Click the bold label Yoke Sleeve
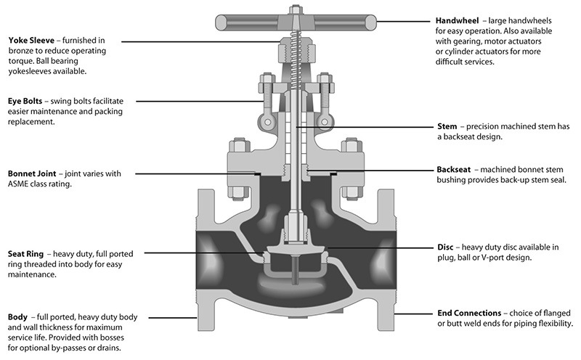[x=32, y=41]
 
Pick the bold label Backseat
[x=456, y=168]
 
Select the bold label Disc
[x=446, y=247]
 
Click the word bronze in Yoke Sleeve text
[x=23, y=51]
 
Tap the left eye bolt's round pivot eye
[x=268, y=123]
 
